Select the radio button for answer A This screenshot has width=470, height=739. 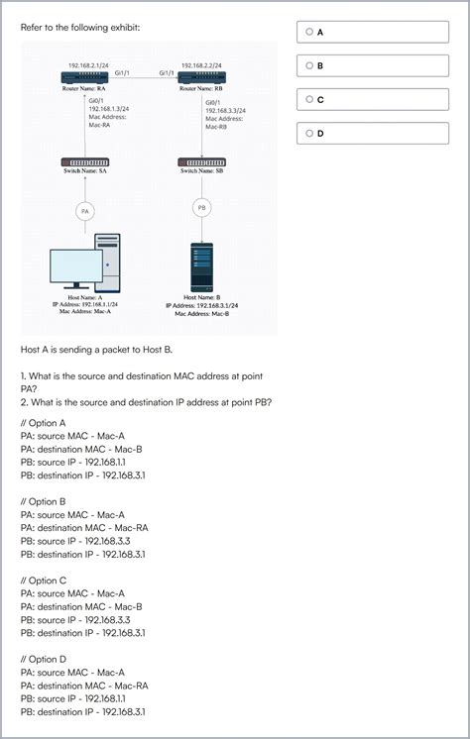point(309,32)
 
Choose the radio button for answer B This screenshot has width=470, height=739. point(309,65)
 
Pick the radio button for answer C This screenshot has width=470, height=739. point(309,99)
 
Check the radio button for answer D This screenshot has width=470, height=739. point(309,133)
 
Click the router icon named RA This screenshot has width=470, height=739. point(85,77)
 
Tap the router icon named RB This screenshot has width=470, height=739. point(201,77)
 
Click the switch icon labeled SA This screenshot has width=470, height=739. point(85,161)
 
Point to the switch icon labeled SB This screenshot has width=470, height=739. point(201,161)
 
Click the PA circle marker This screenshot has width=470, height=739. point(85,211)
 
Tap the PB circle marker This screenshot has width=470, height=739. point(201,208)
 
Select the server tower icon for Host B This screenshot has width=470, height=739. point(201,265)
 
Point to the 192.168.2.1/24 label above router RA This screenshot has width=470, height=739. point(88,64)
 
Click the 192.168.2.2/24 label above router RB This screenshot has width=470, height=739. point(201,64)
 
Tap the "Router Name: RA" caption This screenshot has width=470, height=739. point(85,89)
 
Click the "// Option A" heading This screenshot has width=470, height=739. point(43,423)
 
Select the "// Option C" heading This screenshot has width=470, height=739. point(43,581)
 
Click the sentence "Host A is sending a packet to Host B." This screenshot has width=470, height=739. point(95,349)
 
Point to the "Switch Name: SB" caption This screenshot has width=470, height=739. point(201,171)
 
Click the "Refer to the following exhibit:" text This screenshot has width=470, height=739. point(80,27)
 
